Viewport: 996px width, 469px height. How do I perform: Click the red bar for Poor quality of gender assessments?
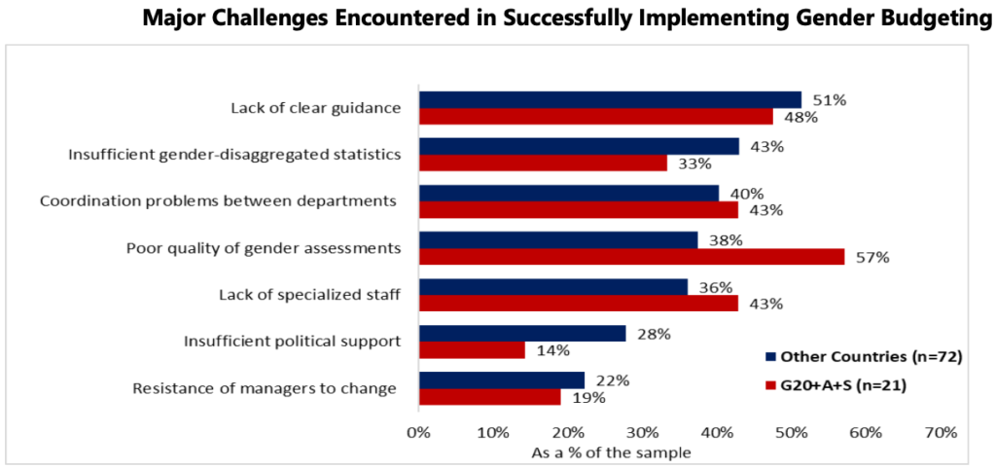[x=631, y=257]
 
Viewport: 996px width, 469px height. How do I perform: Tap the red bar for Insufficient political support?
[x=472, y=350]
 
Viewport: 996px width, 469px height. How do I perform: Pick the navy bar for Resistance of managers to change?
[x=502, y=379]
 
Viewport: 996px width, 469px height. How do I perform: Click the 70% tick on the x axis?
[x=942, y=432]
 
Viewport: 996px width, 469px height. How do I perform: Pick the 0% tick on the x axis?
[x=418, y=432]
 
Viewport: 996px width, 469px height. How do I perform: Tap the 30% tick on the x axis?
[x=642, y=432]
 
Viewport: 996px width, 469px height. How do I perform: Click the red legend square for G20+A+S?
[x=770, y=385]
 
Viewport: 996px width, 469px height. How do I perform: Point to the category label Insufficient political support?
[x=292, y=341]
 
